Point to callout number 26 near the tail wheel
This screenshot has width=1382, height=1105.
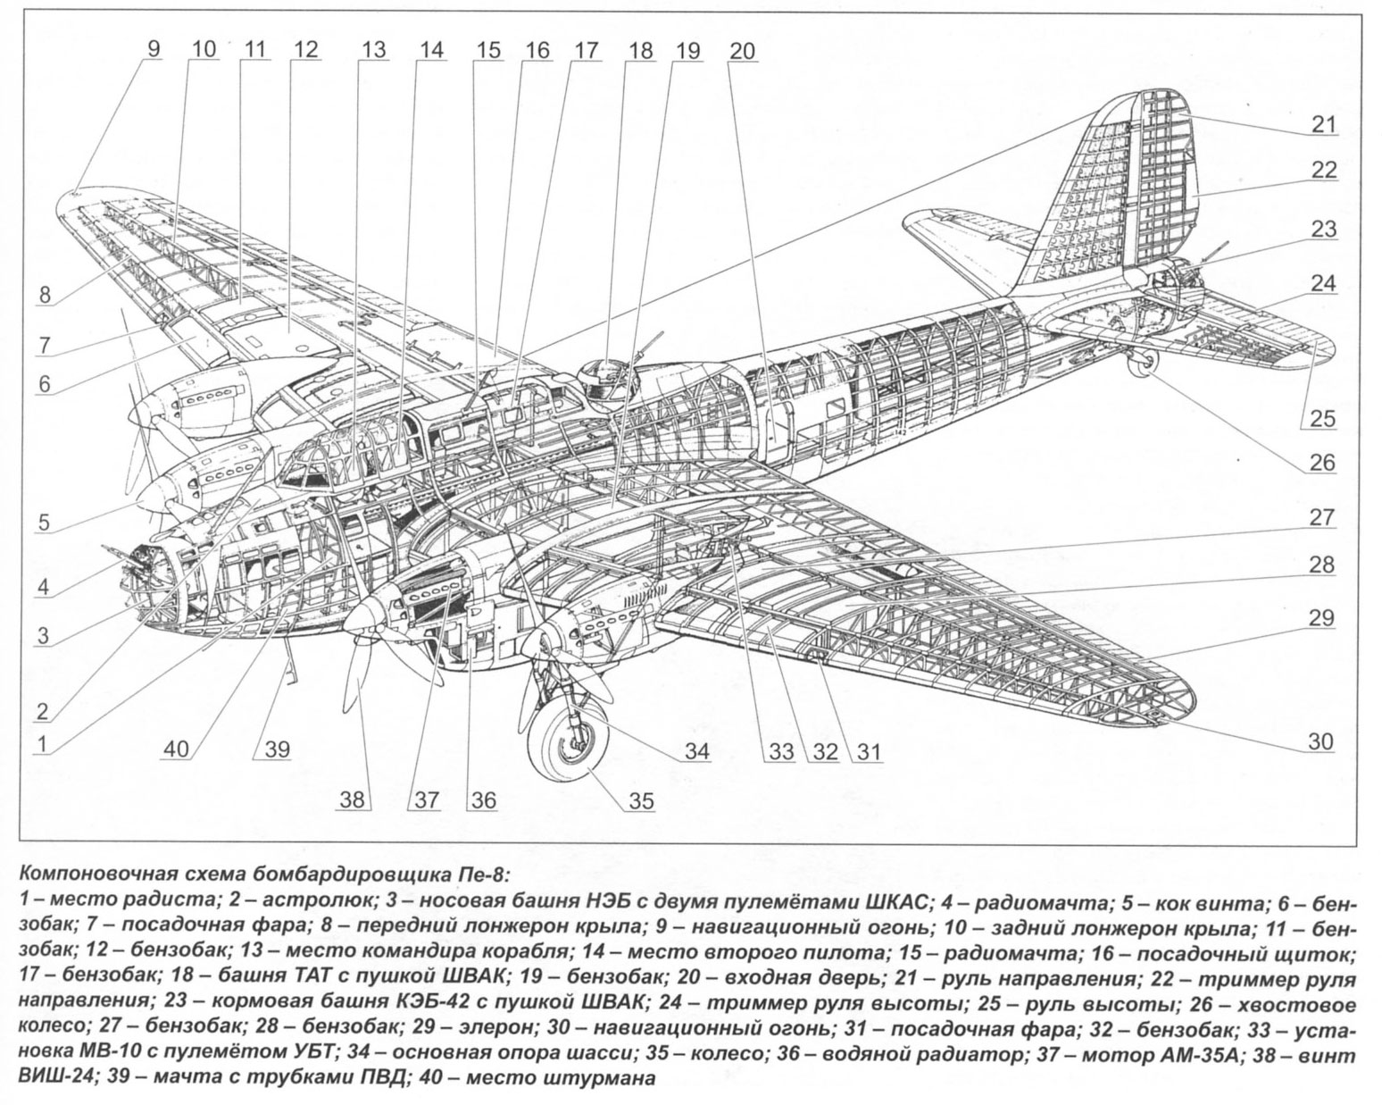pos(1322,462)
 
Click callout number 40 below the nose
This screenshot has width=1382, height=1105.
pos(176,749)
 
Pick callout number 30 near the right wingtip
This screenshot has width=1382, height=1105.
pos(1320,741)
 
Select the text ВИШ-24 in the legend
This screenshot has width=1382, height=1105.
pos(53,1079)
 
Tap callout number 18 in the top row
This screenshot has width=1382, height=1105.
pos(640,50)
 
